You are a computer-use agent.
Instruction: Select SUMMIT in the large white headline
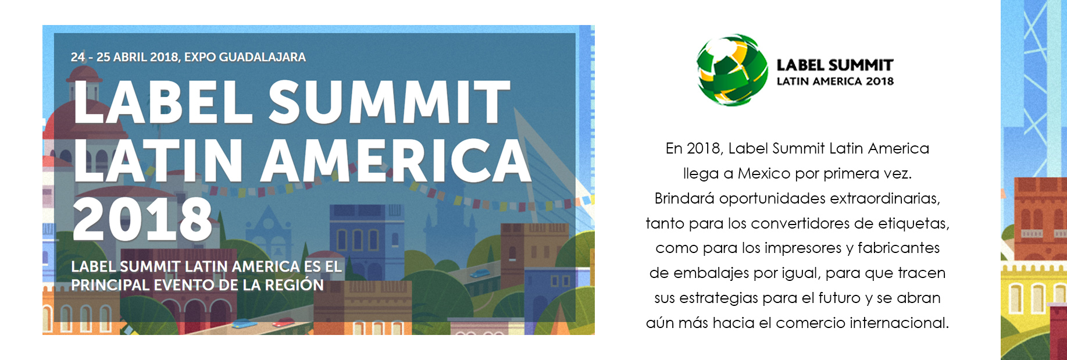coord(389,102)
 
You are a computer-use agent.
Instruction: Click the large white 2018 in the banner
coord(142,219)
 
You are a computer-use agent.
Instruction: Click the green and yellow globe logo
coord(732,70)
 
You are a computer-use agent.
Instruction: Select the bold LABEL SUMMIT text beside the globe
coord(835,65)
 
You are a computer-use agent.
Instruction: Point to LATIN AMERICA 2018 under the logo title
coord(835,81)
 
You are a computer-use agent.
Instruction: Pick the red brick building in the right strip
coord(1041,218)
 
